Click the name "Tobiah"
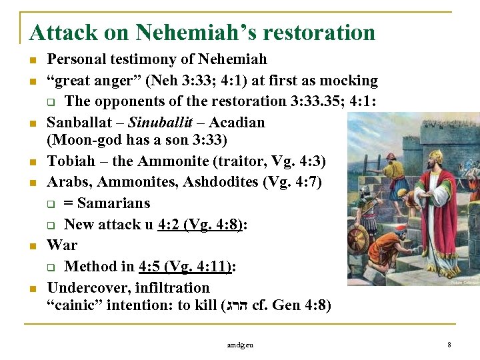pyautogui.click(x=70, y=161)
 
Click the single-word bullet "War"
pyautogui.click(x=62, y=245)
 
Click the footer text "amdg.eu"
pyautogui.click(x=239, y=345)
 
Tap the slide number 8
pyautogui.click(x=449, y=345)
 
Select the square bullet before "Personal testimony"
pyautogui.click(x=33, y=60)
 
